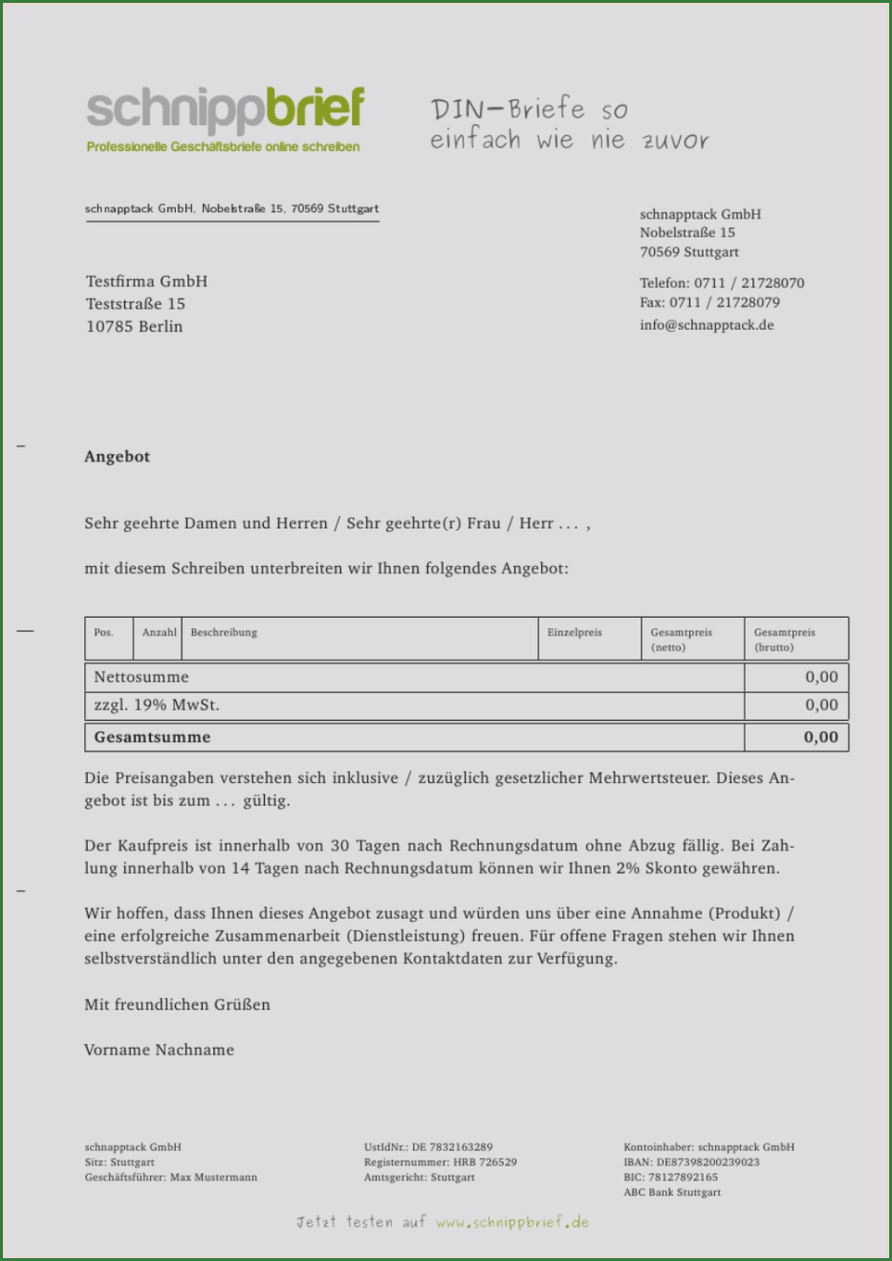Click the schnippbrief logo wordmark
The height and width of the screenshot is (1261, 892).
[225, 110]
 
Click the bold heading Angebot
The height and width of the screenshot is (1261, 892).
[117, 457]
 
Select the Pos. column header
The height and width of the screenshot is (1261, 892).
[104, 633]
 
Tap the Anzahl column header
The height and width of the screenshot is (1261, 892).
[159, 633]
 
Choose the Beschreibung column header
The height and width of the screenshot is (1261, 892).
[224, 633]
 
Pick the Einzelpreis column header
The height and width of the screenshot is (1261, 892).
[575, 633]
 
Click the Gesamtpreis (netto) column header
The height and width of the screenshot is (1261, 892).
[682, 640]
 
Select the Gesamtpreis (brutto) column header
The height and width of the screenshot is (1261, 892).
[785, 640]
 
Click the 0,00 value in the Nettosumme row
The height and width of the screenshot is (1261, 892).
[821, 677]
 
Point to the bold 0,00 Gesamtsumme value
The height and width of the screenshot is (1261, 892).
[820, 737]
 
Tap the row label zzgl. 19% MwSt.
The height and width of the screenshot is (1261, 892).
[157, 706]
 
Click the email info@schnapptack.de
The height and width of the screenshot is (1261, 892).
[707, 325]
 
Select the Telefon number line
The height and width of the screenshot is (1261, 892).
[722, 283]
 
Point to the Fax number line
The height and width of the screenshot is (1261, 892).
[709, 303]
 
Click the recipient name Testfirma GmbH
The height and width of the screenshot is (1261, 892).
[146, 282]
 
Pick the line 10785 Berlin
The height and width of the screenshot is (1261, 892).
[134, 327]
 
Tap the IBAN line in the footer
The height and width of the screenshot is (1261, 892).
[691, 1163]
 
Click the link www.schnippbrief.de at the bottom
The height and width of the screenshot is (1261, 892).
[512, 1223]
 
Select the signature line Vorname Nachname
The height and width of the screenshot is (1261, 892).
[159, 1050]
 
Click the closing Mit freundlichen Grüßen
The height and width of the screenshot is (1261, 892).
[177, 1005]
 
